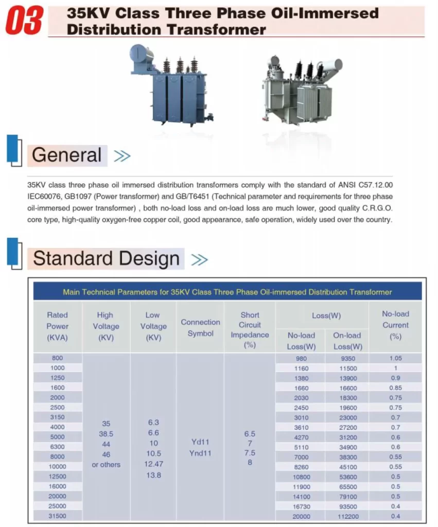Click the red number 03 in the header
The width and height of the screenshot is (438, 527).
24,20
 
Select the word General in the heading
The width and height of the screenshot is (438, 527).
66,155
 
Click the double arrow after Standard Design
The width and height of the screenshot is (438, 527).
199,259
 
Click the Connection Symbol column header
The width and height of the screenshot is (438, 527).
200,328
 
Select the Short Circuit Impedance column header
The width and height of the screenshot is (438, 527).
250,330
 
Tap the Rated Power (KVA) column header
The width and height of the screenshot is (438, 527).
58,326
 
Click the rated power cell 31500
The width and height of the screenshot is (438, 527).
57,516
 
